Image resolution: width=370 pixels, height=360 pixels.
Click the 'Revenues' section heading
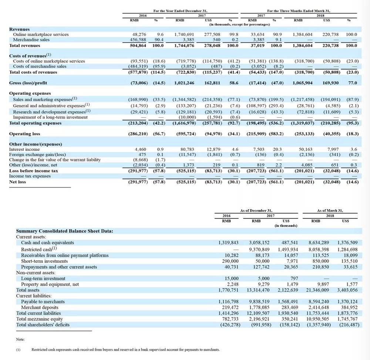[19, 29]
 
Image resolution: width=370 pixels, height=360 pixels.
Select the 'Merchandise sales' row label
[31, 40]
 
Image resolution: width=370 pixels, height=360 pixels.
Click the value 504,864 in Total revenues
[138, 45]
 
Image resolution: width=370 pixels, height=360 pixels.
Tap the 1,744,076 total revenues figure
[184, 45]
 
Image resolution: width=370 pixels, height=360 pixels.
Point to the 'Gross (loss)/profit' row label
[28, 83]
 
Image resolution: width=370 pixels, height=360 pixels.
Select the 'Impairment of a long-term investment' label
[50, 117]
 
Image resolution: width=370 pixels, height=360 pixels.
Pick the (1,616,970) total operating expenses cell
[184, 123]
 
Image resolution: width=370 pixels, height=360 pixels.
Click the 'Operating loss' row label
[24, 134]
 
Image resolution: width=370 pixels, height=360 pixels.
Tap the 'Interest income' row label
[24, 149]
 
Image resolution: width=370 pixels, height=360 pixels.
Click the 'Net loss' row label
[17, 182]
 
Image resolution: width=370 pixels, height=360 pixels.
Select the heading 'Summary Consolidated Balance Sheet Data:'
[64, 231]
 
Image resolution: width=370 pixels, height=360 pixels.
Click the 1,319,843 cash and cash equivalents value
[228, 242]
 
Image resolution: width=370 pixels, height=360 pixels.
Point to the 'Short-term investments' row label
[44, 261]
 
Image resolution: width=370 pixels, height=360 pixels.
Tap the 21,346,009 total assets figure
[317, 290]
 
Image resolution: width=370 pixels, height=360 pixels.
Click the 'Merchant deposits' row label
[40, 307]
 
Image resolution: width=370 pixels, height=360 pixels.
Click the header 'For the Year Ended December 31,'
[180, 11]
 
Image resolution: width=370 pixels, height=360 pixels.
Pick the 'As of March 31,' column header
[330, 211]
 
